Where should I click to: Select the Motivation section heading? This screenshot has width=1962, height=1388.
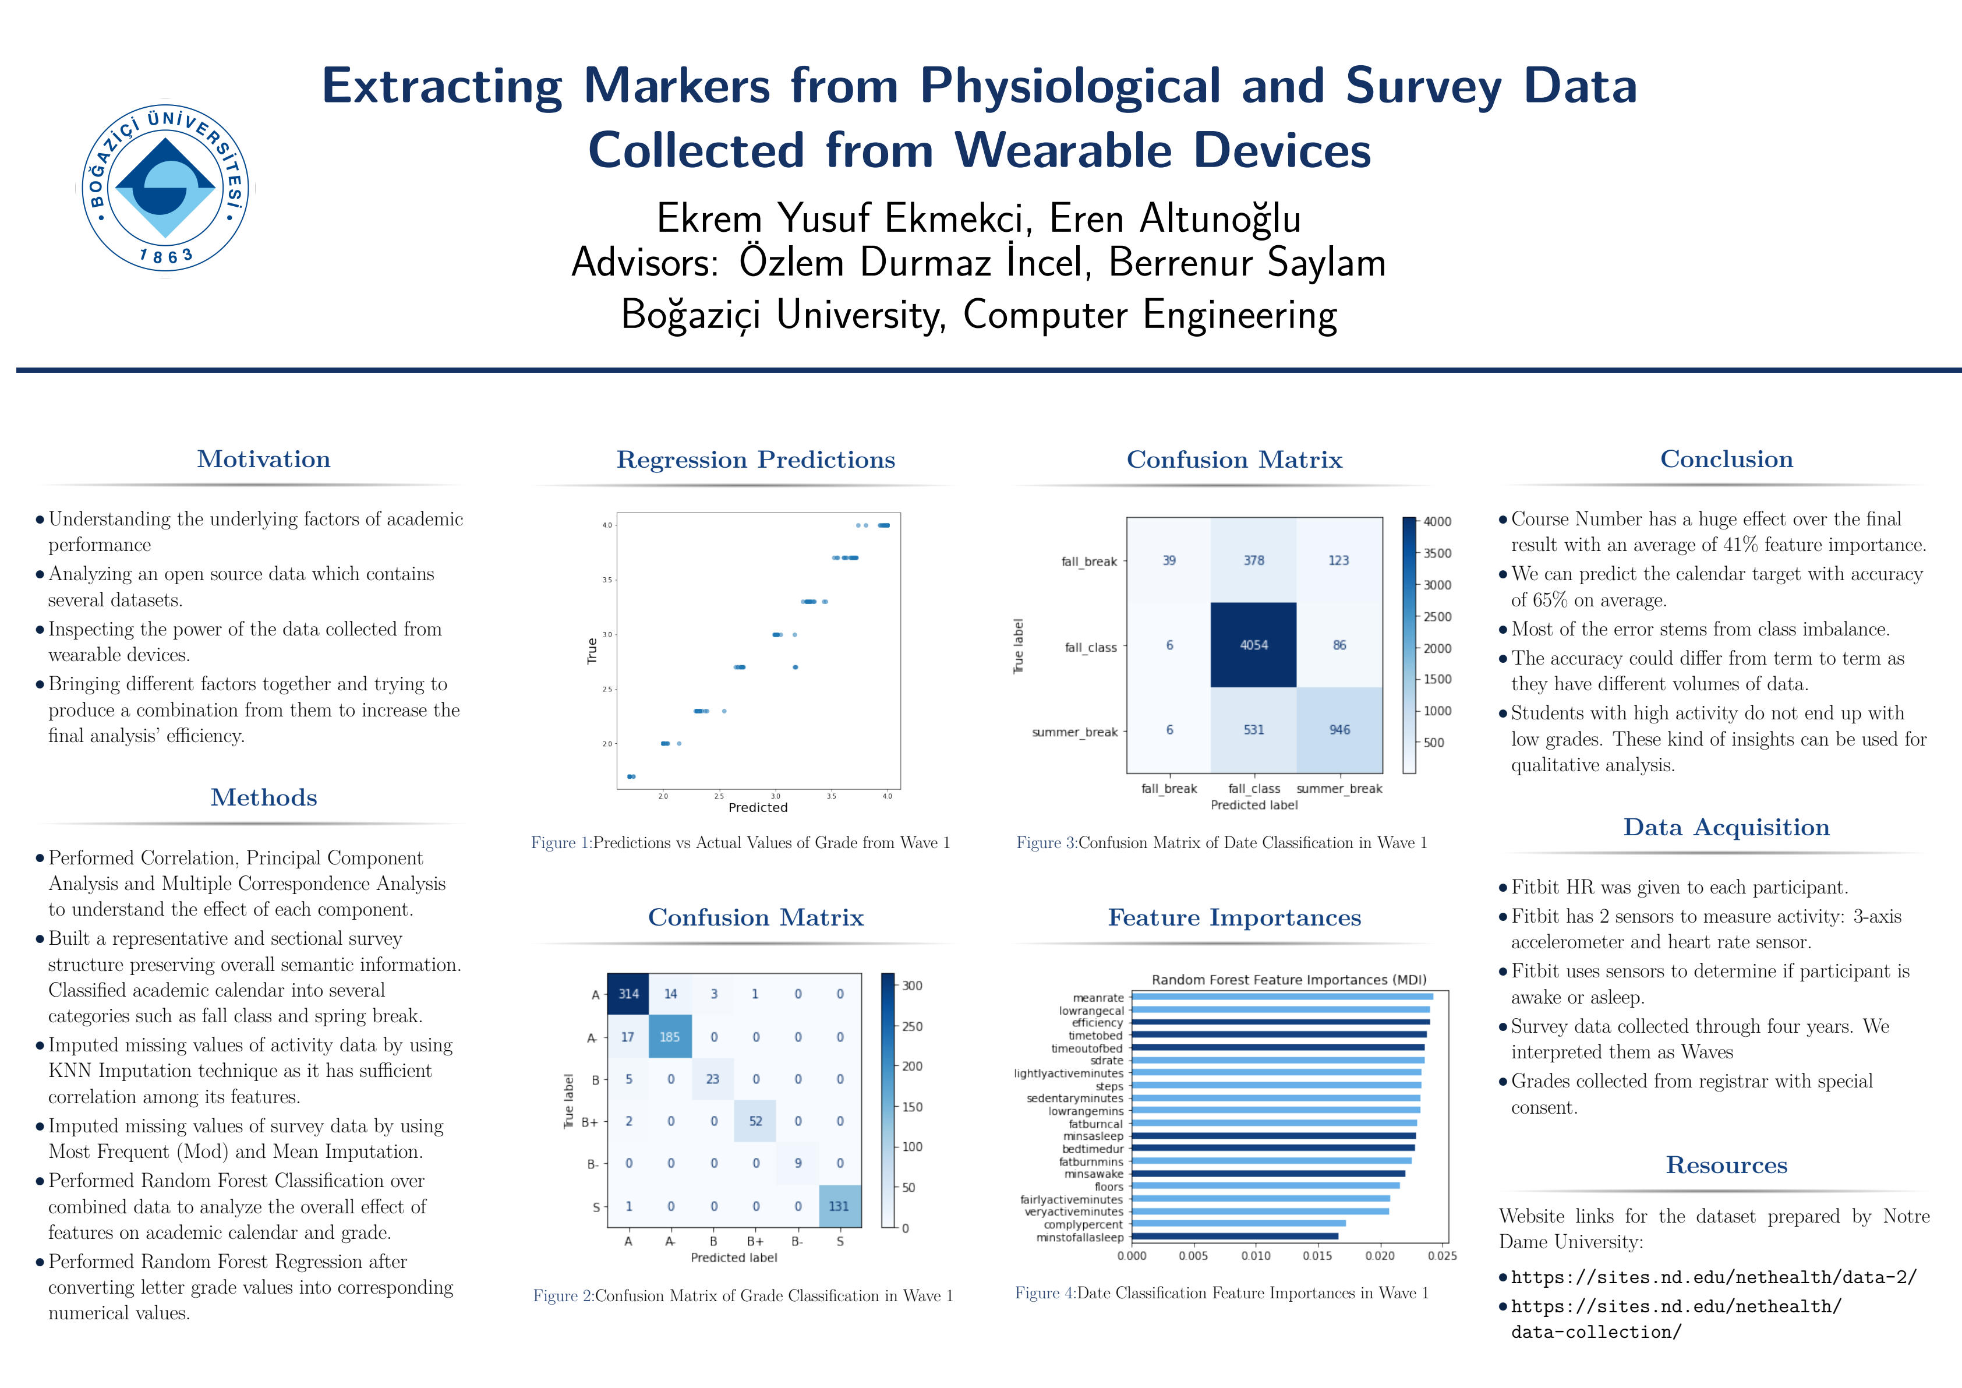tap(263, 459)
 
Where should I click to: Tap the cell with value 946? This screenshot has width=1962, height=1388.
tap(1338, 730)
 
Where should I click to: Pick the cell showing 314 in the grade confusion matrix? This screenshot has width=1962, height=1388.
tap(628, 994)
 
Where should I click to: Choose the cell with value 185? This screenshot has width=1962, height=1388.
tap(670, 1037)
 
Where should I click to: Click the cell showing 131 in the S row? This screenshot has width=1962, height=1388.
tap(839, 1206)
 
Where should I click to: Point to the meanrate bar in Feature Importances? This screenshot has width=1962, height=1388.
tap(1282, 997)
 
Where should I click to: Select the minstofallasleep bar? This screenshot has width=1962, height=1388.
tap(1235, 1236)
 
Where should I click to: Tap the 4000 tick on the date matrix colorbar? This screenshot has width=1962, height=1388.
tap(1437, 521)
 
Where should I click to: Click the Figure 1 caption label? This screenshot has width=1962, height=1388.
tap(560, 843)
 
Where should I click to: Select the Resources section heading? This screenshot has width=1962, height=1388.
tap(1726, 1165)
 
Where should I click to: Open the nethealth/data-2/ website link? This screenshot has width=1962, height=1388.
tap(1713, 1277)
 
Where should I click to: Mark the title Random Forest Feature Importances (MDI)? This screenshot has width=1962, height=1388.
tap(1289, 980)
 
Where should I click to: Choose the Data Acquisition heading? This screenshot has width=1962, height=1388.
tap(1726, 827)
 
